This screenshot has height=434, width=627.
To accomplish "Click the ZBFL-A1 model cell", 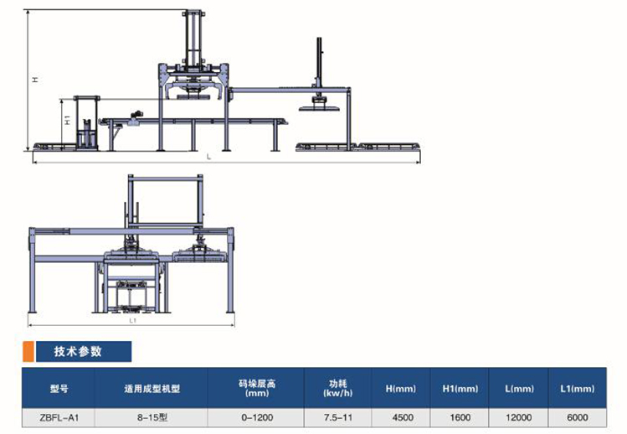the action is pyautogui.click(x=59, y=417).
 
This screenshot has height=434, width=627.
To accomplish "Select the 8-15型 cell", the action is pyautogui.click(x=152, y=417).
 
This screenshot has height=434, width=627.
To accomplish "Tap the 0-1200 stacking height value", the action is pyautogui.click(x=257, y=417).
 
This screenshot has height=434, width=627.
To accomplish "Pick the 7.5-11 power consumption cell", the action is pyautogui.click(x=338, y=417).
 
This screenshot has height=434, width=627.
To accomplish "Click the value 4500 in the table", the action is pyautogui.click(x=403, y=417).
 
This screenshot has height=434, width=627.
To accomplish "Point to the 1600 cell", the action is pyautogui.click(x=460, y=417).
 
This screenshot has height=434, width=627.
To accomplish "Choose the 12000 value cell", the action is pyautogui.click(x=519, y=417).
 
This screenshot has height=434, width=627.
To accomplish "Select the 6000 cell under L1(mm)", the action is pyautogui.click(x=577, y=417).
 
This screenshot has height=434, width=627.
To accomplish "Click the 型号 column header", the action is pyautogui.click(x=59, y=389).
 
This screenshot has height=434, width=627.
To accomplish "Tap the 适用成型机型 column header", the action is pyautogui.click(x=152, y=389).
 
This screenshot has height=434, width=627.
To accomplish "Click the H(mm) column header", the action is pyautogui.click(x=401, y=389).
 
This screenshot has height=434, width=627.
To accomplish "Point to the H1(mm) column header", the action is pyautogui.click(x=460, y=389).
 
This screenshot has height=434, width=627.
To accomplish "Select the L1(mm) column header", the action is pyautogui.click(x=577, y=389).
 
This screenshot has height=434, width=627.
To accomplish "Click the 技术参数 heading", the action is pyautogui.click(x=78, y=352).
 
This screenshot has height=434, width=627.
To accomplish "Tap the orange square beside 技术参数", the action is pyautogui.click(x=28, y=352).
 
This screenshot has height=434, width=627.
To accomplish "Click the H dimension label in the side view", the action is pyautogui.click(x=36, y=80).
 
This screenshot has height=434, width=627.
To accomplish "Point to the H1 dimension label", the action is pyautogui.click(x=68, y=119).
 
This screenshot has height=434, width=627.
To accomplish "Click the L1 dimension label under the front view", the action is pyautogui.click(x=133, y=321).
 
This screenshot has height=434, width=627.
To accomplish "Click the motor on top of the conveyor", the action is pyautogui.click(x=136, y=115).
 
